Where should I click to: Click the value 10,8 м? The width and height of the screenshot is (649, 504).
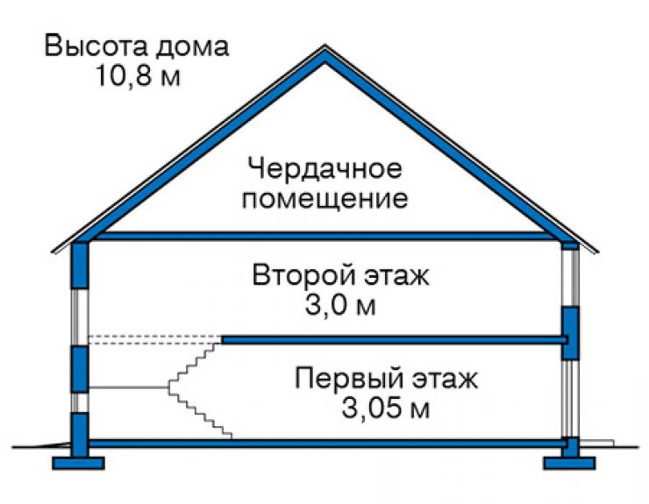[139, 75]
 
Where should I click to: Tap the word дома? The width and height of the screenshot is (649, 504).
[192, 46]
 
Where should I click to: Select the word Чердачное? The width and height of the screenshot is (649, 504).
[324, 168]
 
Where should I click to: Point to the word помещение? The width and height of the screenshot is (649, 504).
[324, 199]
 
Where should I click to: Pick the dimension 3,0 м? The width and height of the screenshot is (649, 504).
[340, 305]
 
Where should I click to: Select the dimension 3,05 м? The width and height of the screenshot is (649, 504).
[385, 408]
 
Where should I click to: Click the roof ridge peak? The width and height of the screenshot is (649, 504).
[324, 46]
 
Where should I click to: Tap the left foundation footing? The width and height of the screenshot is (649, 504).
[78, 463]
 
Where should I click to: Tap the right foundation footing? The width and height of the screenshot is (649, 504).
[569, 463]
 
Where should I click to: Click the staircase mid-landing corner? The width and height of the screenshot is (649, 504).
[169, 387]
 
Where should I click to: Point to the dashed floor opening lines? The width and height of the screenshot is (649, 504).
[155, 339]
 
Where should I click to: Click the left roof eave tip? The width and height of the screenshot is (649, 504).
[53, 251]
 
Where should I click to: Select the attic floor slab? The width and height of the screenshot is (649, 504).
[324, 237]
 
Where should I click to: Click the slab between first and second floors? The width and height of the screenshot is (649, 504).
[394, 340]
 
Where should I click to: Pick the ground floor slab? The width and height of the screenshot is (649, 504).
[327, 444]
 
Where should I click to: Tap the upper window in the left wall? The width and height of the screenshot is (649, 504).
[80, 317]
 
